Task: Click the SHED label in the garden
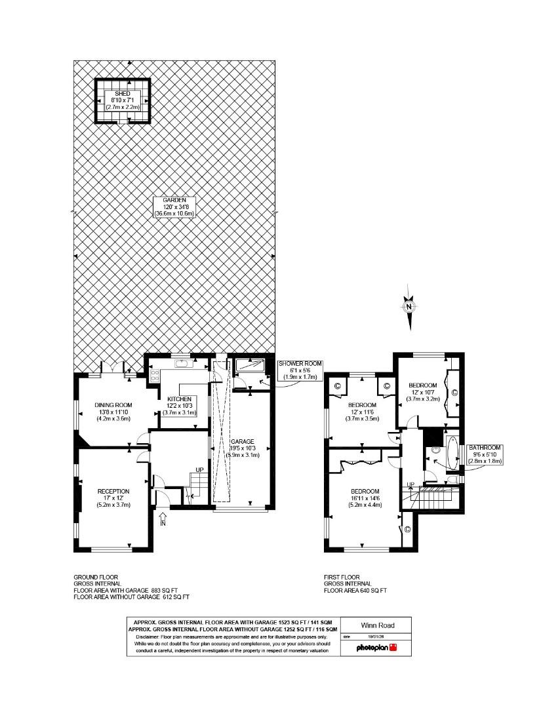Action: [123, 94]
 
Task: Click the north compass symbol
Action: [409, 306]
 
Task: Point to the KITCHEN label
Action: [179, 399]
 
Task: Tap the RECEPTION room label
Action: [113, 491]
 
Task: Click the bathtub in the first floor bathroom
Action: [451, 453]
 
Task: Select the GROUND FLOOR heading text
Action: [96, 577]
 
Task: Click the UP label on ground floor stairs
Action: [199, 470]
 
